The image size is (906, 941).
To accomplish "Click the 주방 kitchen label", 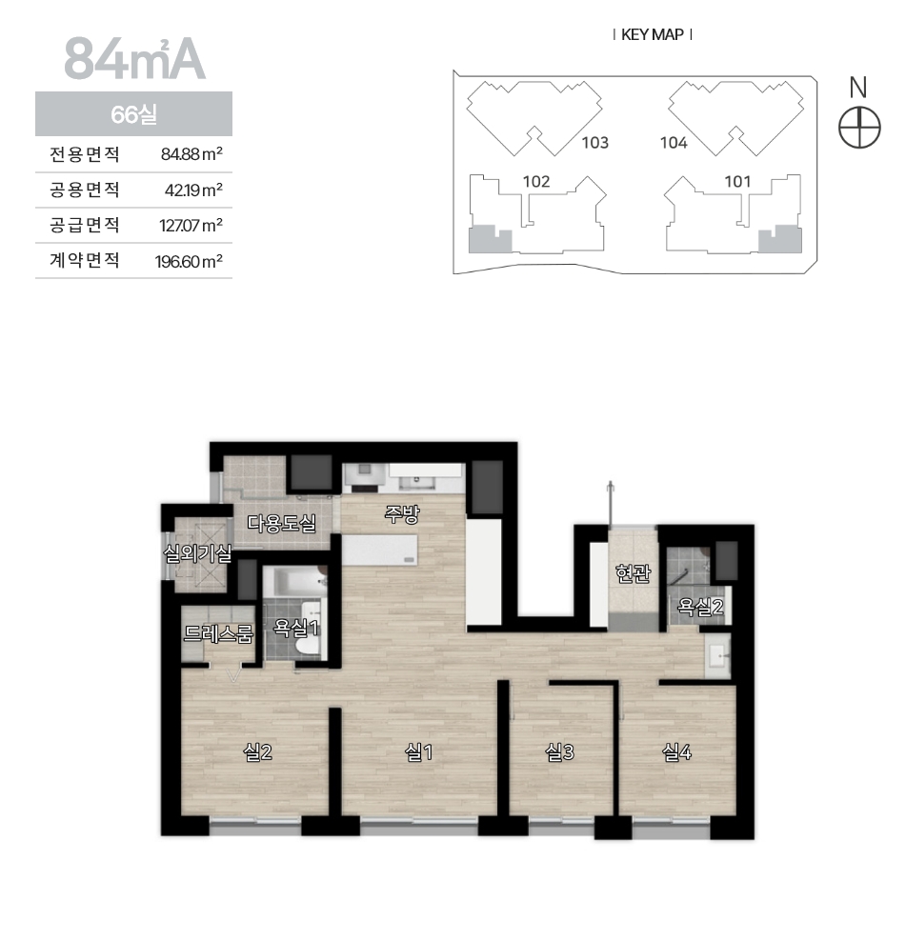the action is (x=402, y=514).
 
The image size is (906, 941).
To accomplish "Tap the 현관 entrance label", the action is (x=633, y=573).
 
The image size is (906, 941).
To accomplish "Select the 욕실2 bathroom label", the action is (x=700, y=608).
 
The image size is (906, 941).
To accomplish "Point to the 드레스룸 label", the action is (x=218, y=633).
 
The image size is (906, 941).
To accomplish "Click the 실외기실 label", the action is (x=197, y=553).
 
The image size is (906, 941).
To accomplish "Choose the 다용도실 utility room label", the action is (x=282, y=523).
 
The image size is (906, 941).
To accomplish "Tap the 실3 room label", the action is (x=559, y=752).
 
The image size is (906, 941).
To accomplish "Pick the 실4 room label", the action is (x=676, y=752).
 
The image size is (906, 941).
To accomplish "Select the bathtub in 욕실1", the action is (x=294, y=581).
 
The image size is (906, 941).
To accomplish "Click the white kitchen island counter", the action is (x=379, y=550).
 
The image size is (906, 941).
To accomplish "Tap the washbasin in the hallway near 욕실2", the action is (x=717, y=656).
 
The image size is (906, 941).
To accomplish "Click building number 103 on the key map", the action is (x=595, y=143).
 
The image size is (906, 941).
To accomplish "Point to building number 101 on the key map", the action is (x=737, y=181).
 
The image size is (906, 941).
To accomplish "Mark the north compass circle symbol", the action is (x=859, y=129).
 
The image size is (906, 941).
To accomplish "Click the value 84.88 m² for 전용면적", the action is (x=191, y=154).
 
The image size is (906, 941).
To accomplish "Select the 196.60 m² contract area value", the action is (x=189, y=261).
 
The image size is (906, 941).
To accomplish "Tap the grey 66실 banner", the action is (x=134, y=114).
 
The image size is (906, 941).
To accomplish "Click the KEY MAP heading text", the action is (x=652, y=35).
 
